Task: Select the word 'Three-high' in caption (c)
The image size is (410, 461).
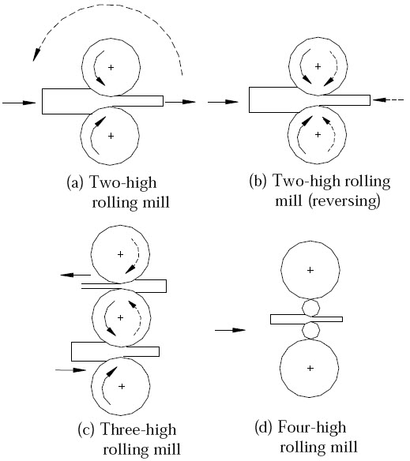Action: click(x=141, y=431)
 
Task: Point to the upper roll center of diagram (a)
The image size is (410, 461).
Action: click(x=110, y=67)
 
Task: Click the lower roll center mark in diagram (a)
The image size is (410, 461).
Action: click(x=110, y=136)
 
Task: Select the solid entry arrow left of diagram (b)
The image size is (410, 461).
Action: click(x=224, y=102)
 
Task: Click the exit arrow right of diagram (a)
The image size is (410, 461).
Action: click(x=181, y=102)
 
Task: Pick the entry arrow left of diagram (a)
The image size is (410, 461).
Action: click(x=19, y=102)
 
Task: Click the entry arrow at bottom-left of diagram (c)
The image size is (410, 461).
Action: click(x=70, y=369)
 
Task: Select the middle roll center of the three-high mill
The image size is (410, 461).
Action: click(x=120, y=318)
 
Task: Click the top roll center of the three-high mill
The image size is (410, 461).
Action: click(x=120, y=254)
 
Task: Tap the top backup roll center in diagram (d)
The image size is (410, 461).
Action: click(x=310, y=270)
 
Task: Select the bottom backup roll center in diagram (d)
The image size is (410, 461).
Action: click(x=310, y=368)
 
